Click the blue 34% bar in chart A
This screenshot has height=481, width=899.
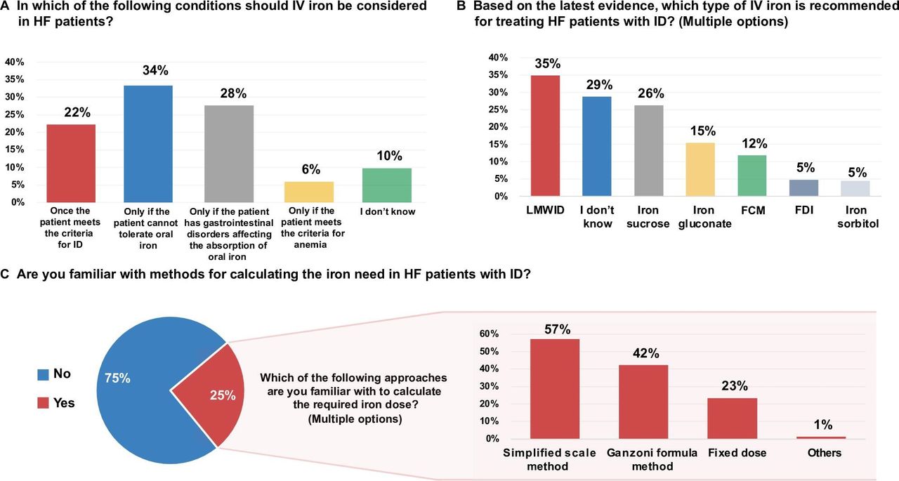(148, 144)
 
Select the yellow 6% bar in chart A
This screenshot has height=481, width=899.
(309, 192)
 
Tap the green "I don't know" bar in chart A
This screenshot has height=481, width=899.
(387, 185)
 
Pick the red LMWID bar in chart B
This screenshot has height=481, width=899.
(546, 136)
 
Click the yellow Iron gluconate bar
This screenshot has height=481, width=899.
(700, 169)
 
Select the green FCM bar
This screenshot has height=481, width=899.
(752, 176)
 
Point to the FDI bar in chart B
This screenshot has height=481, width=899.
(804, 187)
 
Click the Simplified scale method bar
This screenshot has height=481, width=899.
(555, 389)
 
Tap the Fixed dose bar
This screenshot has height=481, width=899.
(733, 419)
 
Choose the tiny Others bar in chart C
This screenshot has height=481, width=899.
(821, 437)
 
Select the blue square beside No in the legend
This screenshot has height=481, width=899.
(43, 375)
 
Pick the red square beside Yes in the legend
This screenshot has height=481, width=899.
(43, 403)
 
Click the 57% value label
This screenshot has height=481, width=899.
(558, 329)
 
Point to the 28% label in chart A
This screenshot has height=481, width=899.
(233, 93)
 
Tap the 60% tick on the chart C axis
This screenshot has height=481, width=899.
(489, 334)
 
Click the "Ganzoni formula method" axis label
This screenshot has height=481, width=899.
(652, 459)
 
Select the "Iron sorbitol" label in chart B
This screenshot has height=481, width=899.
(858, 217)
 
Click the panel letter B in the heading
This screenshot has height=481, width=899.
(461, 6)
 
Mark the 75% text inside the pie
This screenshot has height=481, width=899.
(117, 378)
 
